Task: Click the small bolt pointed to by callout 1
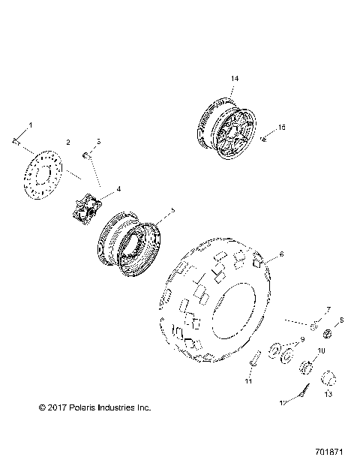tap(15, 140)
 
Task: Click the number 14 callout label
tap(234, 78)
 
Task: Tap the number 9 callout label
tap(302, 340)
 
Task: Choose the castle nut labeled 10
tap(306, 367)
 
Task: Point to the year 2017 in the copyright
tap(49, 407)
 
